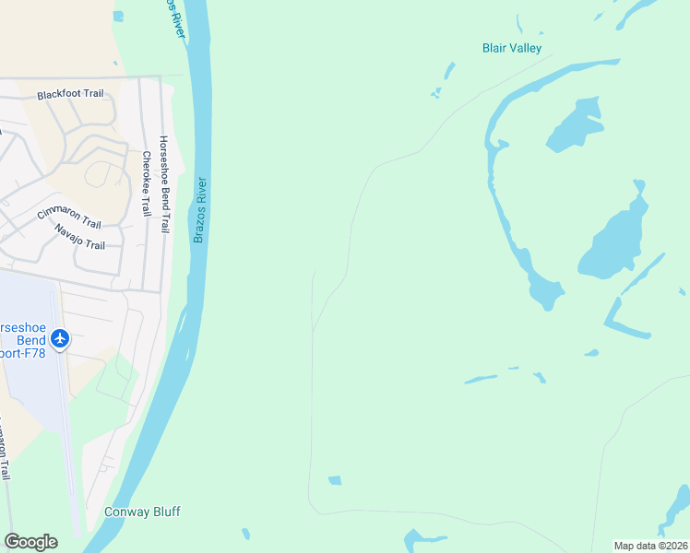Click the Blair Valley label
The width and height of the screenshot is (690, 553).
coord(512,48)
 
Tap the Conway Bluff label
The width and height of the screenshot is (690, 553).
coord(142,512)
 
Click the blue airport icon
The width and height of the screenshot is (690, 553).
coord(61,339)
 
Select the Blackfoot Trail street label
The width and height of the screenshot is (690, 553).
coord(70,94)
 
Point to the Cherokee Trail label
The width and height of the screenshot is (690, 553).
coord(146,183)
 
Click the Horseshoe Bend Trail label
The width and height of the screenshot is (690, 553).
coord(164,184)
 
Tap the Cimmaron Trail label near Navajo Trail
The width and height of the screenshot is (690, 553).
coord(69,218)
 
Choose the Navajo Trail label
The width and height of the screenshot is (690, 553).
coord(79,237)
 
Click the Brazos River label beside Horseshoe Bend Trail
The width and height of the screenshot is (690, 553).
coord(199,211)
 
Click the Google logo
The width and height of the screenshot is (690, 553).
coord(30,542)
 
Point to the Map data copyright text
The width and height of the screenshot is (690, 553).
coord(650,546)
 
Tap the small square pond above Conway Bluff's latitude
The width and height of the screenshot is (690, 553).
coord(335,480)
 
